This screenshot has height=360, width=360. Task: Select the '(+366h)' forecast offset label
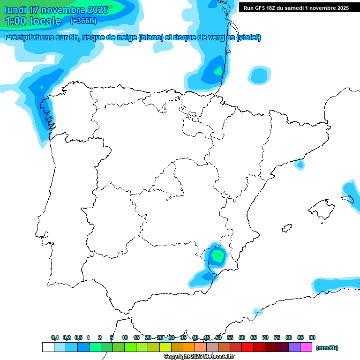click(83, 21)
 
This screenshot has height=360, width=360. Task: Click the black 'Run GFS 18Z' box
click(296, 7)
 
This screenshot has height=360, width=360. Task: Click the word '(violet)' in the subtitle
click(249, 37)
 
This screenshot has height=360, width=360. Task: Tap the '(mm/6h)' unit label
click(327, 348)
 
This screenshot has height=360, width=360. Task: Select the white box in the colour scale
click(48, 347)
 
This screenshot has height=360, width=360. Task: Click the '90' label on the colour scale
click(312, 337)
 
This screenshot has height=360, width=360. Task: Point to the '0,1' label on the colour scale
click(55, 337)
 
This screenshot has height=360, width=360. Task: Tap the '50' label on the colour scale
click(218, 337)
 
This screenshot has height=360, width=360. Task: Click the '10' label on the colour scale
click(125, 337)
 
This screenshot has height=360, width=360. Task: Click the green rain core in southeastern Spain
click(217, 255)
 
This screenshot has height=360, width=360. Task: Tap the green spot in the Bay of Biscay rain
click(218, 71)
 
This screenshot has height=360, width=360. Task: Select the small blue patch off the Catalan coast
click(299, 165)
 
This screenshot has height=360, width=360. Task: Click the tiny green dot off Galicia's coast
click(42, 87)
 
